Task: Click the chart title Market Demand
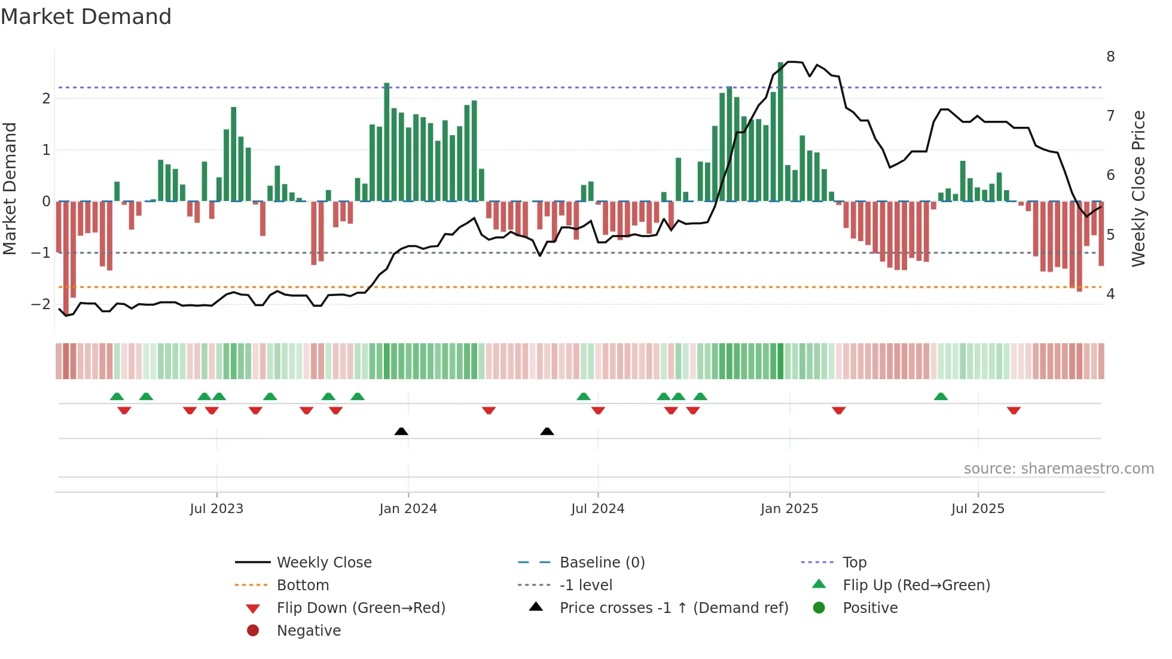tap(86, 17)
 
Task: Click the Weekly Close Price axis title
tap(1139, 188)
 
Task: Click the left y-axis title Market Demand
tap(10, 188)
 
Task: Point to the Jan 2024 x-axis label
tap(408, 509)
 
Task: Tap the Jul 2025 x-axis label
tap(978, 509)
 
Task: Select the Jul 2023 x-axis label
tap(216, 509)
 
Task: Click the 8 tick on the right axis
tap(1110, 57)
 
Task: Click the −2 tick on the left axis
tap(41, 304)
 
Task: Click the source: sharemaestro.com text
tap(1058, 469)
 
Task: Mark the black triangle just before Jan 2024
tap(401, 431)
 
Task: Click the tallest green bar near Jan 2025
tap(780, 132)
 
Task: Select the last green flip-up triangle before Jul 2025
tap(941, 396)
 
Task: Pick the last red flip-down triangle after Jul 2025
tap(1014, 411)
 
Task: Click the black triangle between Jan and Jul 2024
tap(547, 431)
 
